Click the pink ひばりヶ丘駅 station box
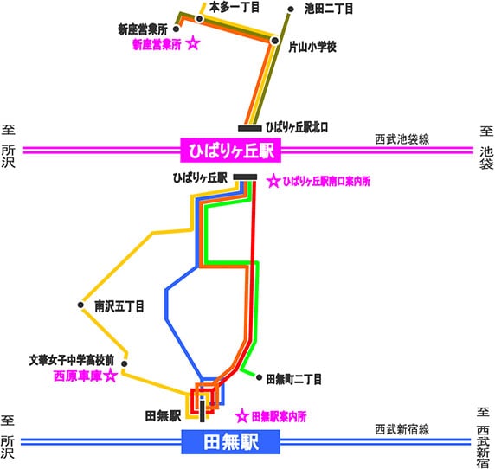point(230,151)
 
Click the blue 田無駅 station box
point(230,442)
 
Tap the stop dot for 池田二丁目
point(291,10)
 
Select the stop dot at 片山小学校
point(275,41)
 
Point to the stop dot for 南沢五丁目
point(80,305)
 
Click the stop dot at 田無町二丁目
point(259,377)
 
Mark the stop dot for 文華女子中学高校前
point(125,363)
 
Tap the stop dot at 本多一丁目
point(200,19)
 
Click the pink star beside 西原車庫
point(111,376)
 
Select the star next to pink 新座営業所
point(193,43)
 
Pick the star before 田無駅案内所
point(242,416)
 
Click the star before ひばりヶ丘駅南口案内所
point(273,181)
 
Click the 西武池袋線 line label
point(402,139)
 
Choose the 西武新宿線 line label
point(402,429)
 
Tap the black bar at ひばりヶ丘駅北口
point(250,128)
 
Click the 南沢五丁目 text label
point(119,306)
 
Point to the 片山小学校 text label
point(312,47)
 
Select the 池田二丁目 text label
point(329,9)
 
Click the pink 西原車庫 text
point(78,376)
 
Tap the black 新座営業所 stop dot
point(177,29)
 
